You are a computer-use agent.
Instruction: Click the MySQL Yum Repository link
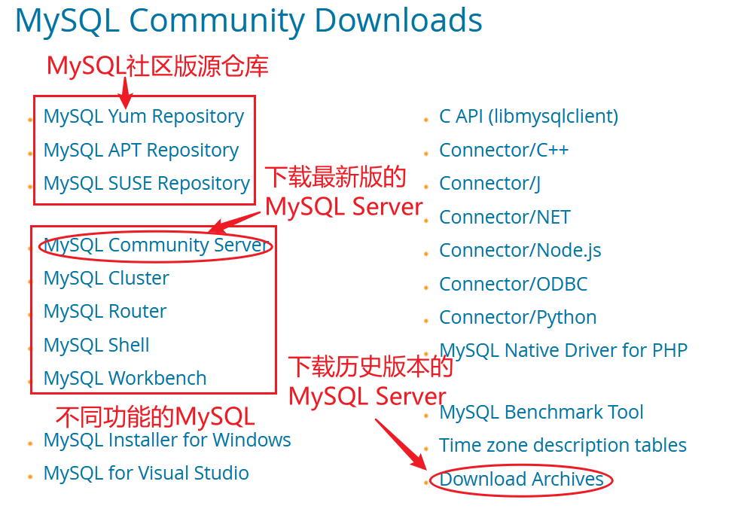point(144,117)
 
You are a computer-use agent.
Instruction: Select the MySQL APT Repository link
point(141,150)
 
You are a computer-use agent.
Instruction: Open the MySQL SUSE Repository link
point(146,183)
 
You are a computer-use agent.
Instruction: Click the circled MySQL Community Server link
point(156,245)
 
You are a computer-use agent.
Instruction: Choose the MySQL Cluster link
point(106,279)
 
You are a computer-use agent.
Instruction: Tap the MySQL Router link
point(105,312)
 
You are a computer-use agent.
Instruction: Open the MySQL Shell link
point(96,345)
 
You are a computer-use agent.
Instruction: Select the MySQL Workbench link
point(125,378)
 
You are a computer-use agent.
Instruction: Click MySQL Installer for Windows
point(167,440)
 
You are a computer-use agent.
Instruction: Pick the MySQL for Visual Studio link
point(146,473)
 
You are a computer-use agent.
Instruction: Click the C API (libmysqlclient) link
point(529,117)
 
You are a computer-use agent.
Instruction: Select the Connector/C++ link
point(504,150)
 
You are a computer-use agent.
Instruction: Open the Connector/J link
point(489,183)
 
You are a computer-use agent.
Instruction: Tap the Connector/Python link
point(518,318)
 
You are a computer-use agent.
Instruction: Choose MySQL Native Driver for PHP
point(563,351)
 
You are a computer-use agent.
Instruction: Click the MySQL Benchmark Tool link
point(541,413)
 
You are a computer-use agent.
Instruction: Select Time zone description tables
point(563,446)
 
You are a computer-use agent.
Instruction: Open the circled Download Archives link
point(521,480)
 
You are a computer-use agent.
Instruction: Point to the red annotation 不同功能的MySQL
point(155,416)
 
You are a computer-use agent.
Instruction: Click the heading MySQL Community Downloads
point(249,21)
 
